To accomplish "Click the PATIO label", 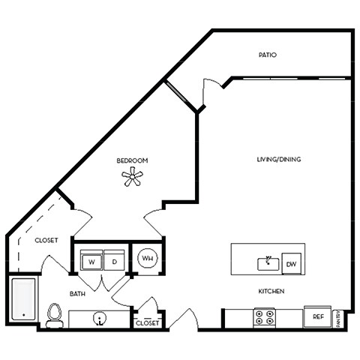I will pos(268,55).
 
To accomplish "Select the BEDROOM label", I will pos(131,160).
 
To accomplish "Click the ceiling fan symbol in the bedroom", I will pos(132,177).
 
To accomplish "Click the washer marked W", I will pos(91,262).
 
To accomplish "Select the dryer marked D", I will pos(114,262).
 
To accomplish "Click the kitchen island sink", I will pos(267,263).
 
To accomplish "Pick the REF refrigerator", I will pos(317,317).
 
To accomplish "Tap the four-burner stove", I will pos(265,317).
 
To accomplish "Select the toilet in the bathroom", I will pos(53,315).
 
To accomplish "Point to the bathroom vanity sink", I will pos(99,318).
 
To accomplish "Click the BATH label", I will pos(78,295).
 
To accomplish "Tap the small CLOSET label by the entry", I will pos(147,323).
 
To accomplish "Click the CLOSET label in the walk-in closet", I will pos(46,241).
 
